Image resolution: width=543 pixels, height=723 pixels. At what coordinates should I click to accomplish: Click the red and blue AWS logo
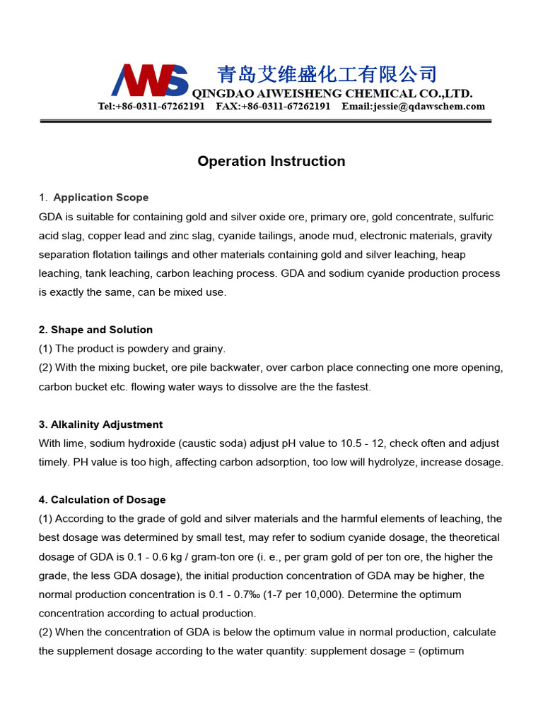pyautogui.click(x=150, y=80)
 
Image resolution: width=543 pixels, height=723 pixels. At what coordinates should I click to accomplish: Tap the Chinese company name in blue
pyautogui.click(x=327, y=74)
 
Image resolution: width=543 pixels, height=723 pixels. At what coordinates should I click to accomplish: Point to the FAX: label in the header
pyautogui.click(x=228, y=107)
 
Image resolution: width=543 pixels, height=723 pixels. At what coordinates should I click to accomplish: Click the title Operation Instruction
pyautogui.click(x=271, y=161)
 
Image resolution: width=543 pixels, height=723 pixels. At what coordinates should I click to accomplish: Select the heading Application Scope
pyautogui.click(x=101, y=198)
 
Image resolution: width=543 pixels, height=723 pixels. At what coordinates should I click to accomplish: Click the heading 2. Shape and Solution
pyautogui.click(x=95, y=330)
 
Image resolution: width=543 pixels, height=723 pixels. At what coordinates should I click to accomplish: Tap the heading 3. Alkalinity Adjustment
pyautogui.click(x=100, y=424)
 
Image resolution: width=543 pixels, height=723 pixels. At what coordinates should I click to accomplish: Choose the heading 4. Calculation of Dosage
pyautogui.click(x=102, y=500)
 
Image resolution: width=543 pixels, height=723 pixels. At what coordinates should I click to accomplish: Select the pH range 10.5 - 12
pyautogui.click(x=390, y=443)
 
